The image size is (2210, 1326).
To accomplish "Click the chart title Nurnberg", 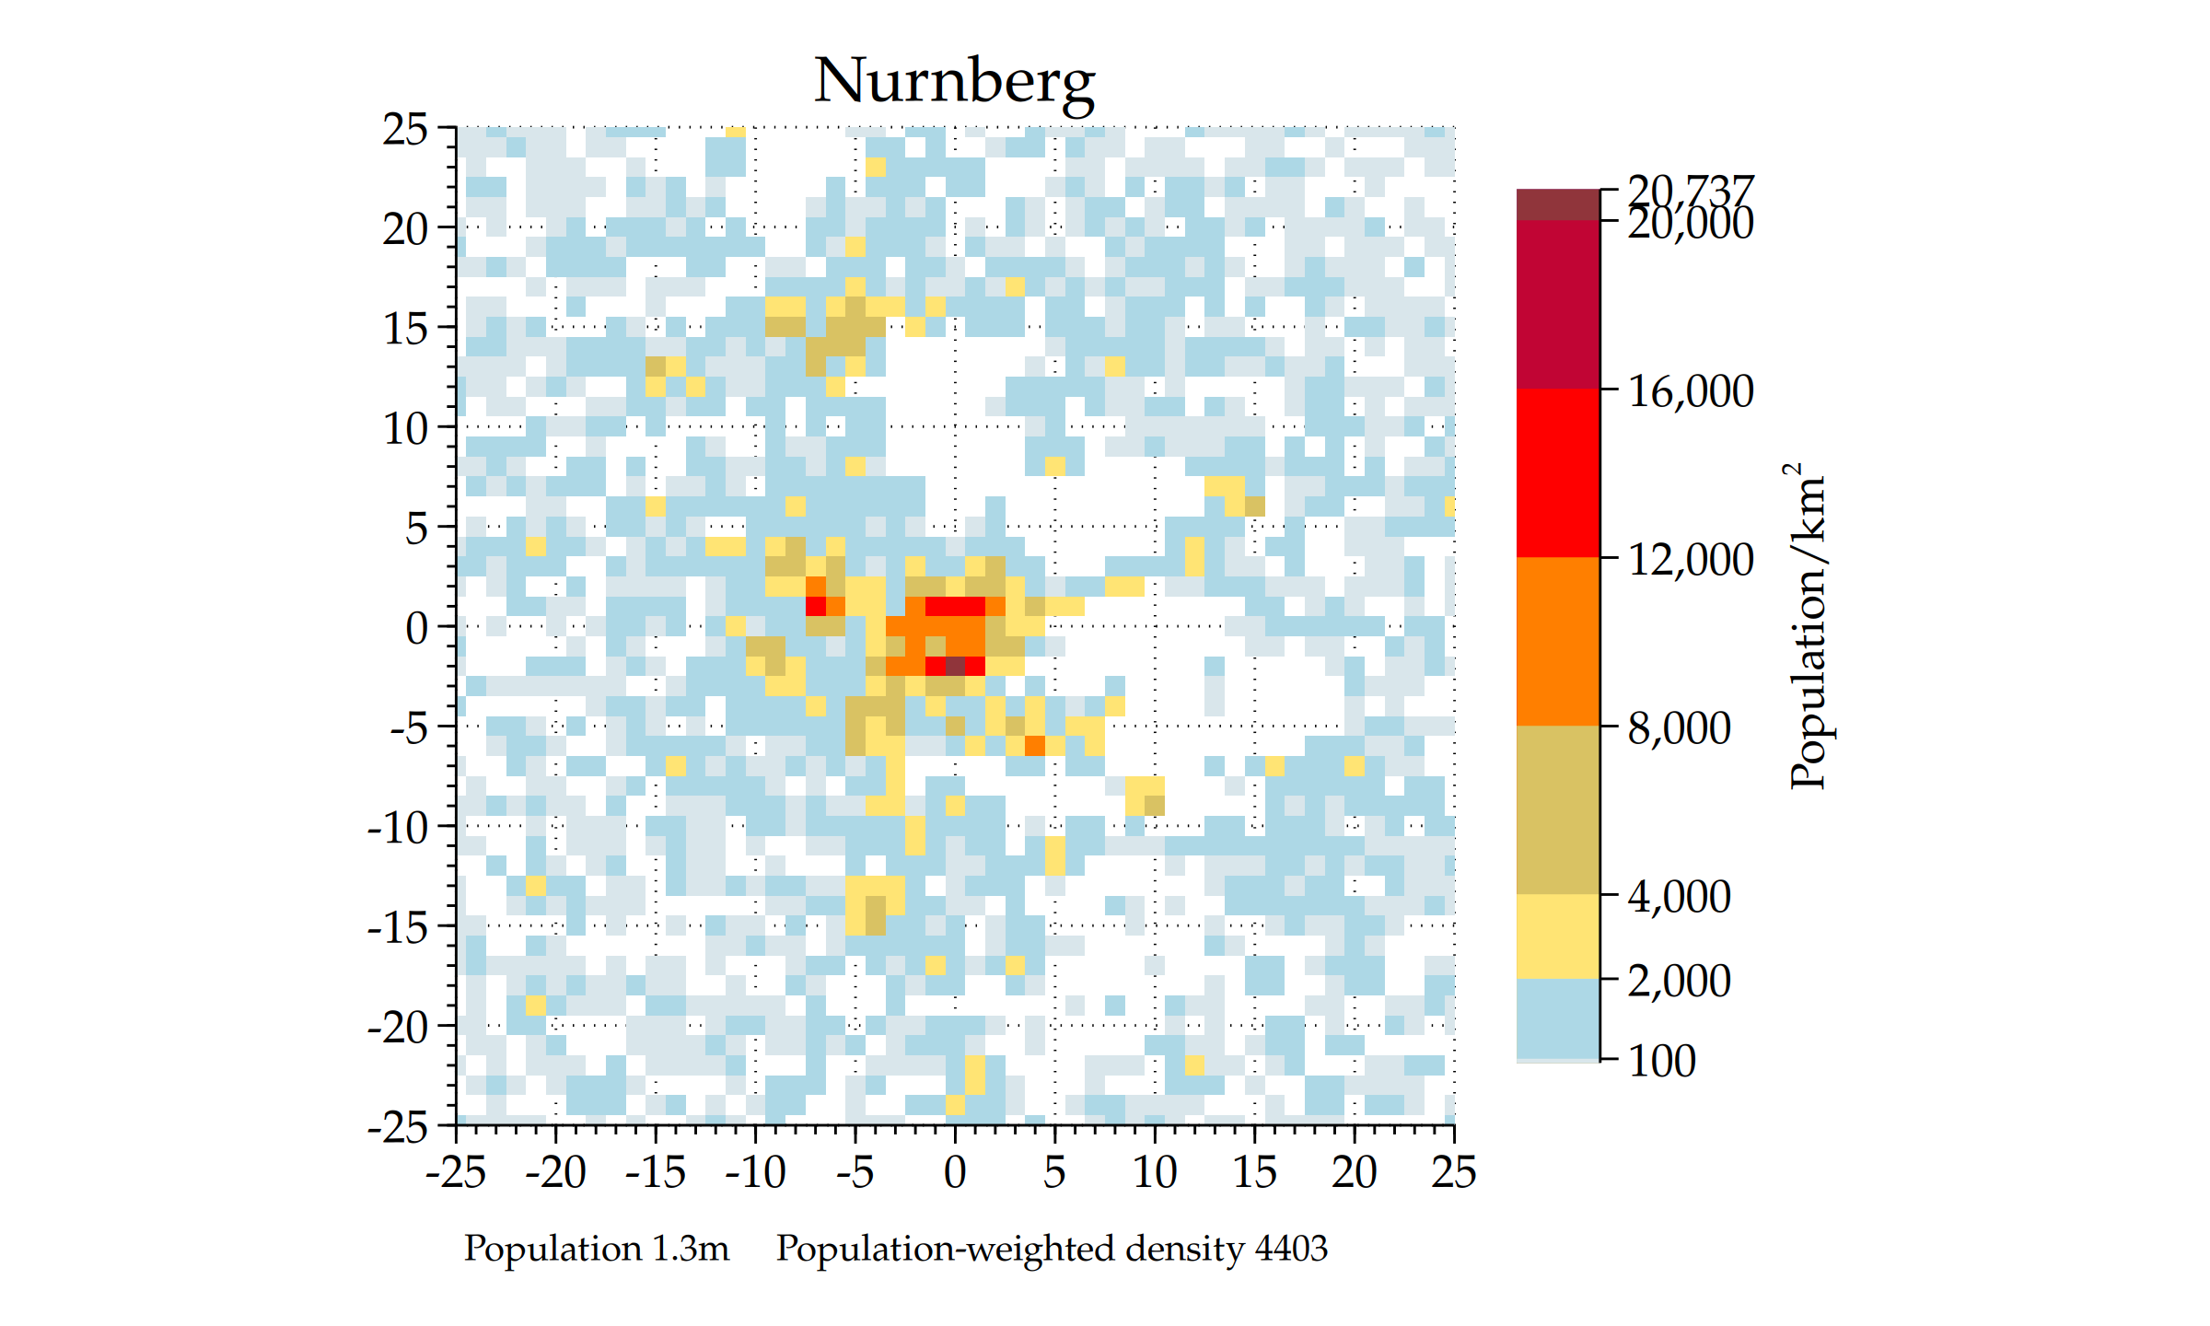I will click(x=954, y=81).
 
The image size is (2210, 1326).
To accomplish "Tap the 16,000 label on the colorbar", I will click(x=1691, y=391).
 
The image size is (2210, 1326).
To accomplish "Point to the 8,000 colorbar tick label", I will click(x=1680, y=728).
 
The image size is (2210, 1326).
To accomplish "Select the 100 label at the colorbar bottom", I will click(x=1661, y=1061).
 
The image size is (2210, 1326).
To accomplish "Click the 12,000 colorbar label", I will click(x=1691, y=560).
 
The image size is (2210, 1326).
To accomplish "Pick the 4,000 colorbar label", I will click(x=1680, y=897).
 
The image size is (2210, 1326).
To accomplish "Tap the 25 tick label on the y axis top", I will click(x=405, y=130).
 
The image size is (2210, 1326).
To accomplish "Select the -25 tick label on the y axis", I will click(x=398, y=1127).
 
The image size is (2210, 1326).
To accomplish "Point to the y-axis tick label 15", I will click(x=405, y=329).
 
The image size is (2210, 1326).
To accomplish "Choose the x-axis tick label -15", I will click(x=656, y=1173).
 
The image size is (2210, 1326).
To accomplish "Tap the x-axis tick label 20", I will click(x=1354, y=1173).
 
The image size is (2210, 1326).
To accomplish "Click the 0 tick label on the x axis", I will click(x=955, y=1173).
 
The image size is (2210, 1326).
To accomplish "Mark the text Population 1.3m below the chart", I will click(x=596, y=1249).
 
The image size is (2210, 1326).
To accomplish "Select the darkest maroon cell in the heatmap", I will click(x=955, y=666).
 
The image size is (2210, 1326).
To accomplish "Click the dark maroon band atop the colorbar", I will click(x=1558, y=205).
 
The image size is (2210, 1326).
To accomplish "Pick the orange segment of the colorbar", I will click(x=1558, y=641).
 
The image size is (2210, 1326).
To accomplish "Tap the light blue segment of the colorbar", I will click(x=1558, y=1018).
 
